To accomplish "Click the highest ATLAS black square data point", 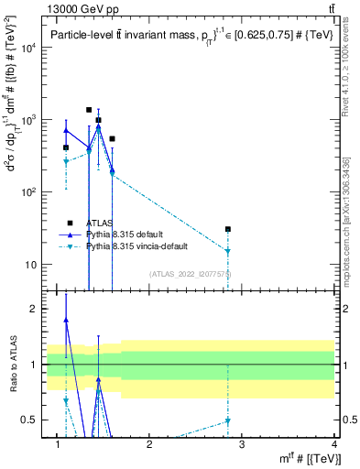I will [89, 110].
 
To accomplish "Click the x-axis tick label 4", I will [334, 446].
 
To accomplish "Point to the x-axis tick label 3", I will [242, 446].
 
